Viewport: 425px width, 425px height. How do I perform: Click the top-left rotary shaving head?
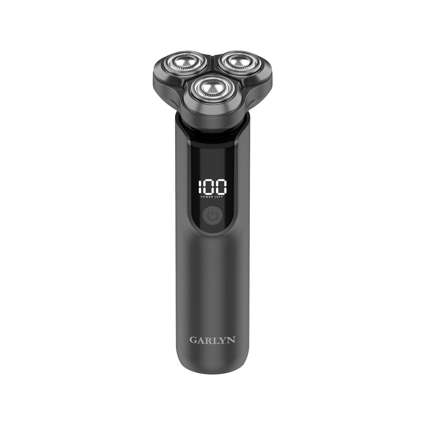(184, 63)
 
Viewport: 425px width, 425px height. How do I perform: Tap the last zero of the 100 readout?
(221, 187)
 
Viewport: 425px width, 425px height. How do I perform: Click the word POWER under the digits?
(207, 197)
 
